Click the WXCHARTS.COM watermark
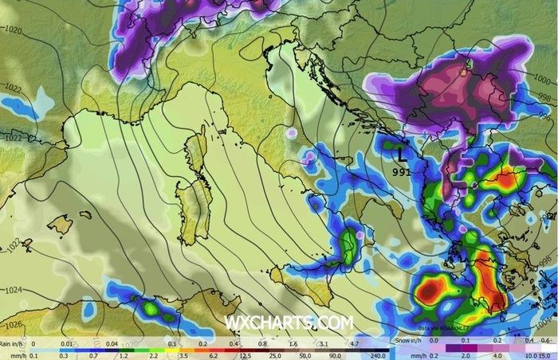coord(288,323)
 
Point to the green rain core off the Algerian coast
coord(150,306)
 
